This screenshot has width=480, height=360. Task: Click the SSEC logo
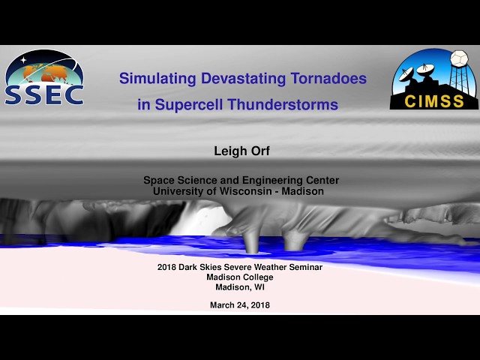click(44, 78)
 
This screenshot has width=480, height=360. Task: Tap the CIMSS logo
click(433, 79)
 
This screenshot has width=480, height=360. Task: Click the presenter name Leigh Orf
click(241, 152)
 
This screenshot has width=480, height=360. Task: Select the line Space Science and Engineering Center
click(241, 180)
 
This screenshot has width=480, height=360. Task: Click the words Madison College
click(240, 277)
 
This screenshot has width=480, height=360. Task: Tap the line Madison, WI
click(240, 286)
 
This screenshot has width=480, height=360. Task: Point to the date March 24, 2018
click(240, 305)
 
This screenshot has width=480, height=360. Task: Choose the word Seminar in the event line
click(305, 267)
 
